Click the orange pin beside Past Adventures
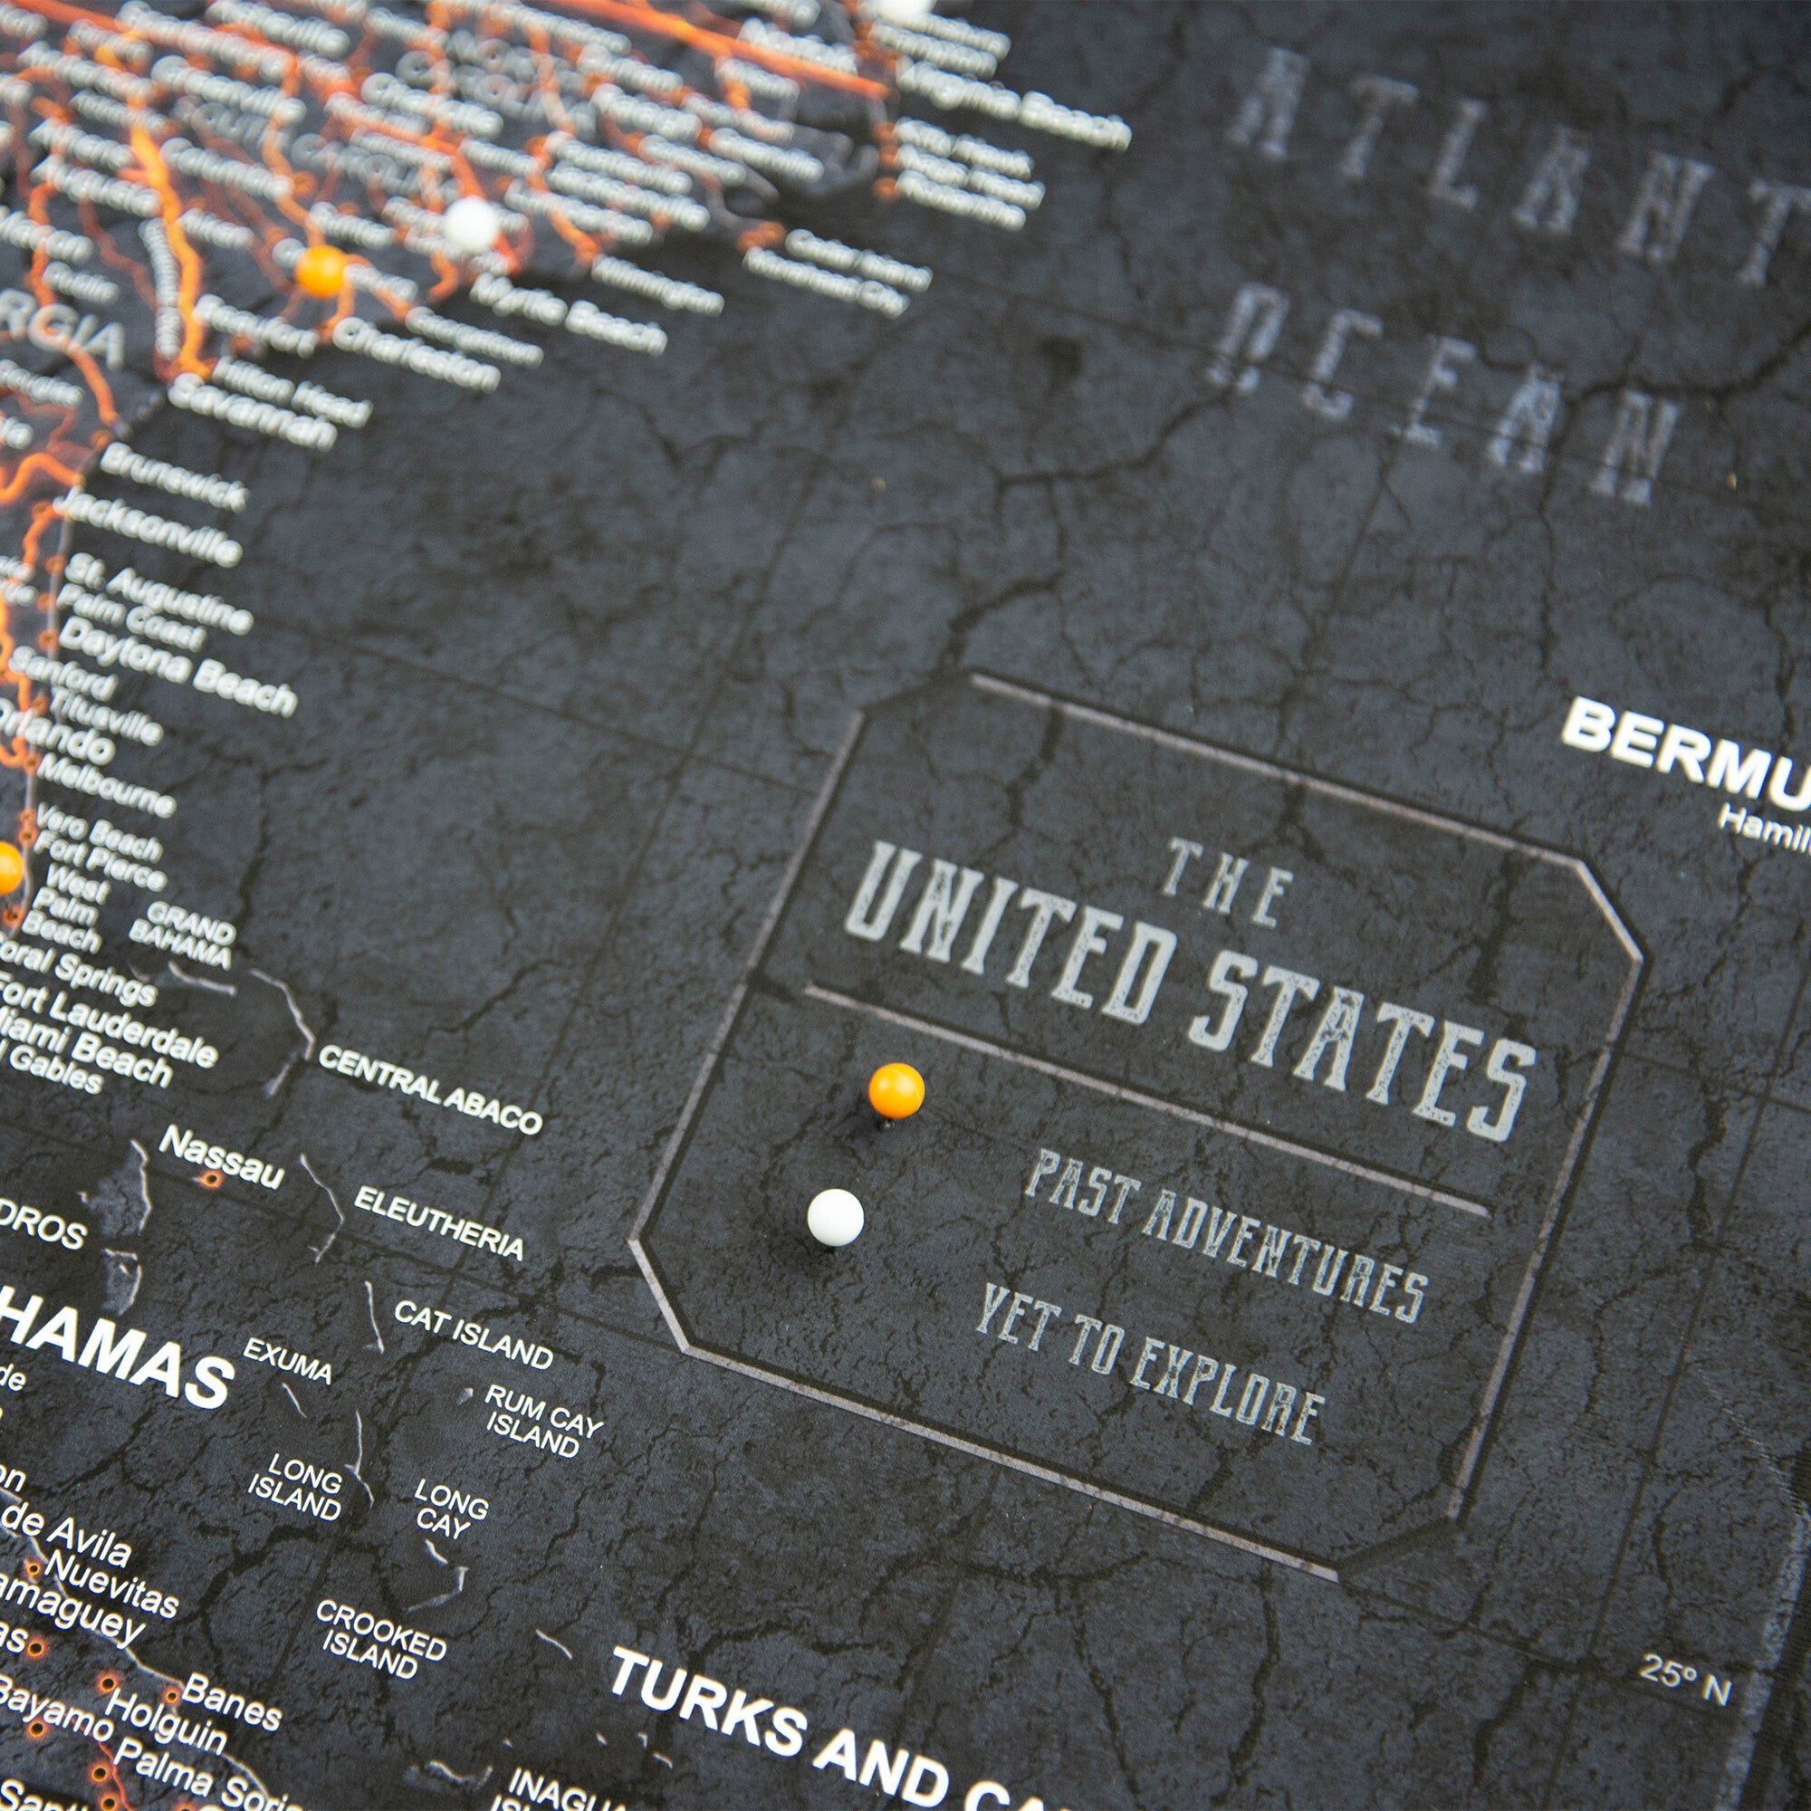tap(896, 1089)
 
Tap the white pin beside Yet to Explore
tap(835, 1217)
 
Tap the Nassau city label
tap(220, 1160)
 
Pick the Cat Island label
tap(474, 1335)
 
